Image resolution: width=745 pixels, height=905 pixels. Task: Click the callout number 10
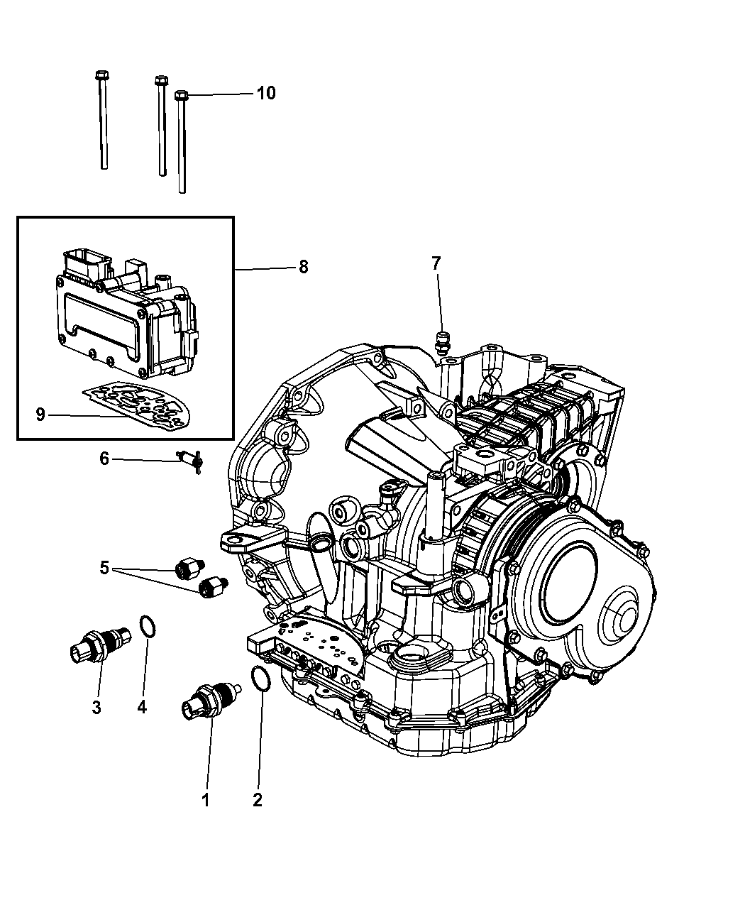pos(266,93)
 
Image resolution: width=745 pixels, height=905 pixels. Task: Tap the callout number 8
pos(303,268)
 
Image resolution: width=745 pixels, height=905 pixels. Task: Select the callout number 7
pos(436,264)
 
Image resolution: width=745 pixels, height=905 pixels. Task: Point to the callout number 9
pos(40,414)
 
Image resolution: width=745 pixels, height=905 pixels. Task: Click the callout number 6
pos(104,459)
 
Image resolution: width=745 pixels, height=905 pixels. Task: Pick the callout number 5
pos(104,568)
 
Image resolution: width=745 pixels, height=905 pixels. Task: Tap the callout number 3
pos(96,707)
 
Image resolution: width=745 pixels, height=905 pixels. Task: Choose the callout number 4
pos(142,707)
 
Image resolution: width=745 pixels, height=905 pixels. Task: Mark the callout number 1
pos(206,801)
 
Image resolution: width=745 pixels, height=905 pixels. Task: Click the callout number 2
pos(258,801)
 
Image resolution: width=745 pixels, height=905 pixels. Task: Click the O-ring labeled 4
pos(148,627)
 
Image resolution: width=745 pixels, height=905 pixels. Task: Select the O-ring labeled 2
pos(260,679)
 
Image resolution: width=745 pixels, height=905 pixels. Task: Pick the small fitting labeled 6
pos(190,461)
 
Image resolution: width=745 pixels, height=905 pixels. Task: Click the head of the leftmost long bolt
pos(100,75)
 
